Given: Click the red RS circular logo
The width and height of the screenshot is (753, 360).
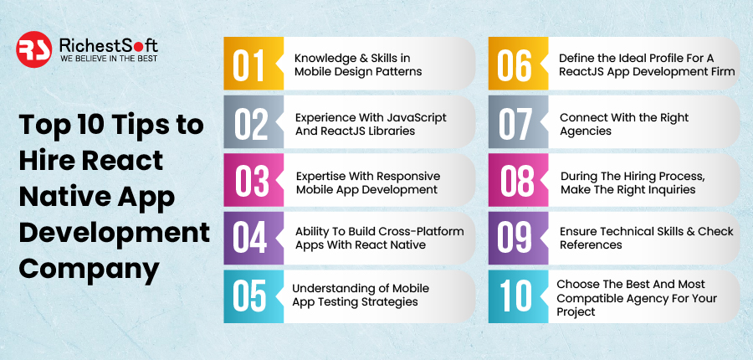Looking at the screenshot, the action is click(33, 49).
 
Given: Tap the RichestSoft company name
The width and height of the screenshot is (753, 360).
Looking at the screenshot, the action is click(109, 45).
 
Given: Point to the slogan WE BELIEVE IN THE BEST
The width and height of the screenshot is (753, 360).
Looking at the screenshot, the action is click(109, 59).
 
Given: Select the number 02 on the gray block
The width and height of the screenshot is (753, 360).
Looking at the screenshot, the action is click(251, 123).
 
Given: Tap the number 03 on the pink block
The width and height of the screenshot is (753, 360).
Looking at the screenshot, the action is click(252, 183).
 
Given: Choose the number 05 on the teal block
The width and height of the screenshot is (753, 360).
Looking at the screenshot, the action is click(249, 296).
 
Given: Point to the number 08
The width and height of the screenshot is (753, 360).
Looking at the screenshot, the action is click(517, 183).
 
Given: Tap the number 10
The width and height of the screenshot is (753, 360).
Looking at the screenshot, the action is click(515, 296).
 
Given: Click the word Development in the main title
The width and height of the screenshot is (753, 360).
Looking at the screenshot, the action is click(115, 232).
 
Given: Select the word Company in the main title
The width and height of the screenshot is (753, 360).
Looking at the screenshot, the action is click(90, 269).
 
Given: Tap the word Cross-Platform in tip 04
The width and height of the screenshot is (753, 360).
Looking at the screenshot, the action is click(424, 231).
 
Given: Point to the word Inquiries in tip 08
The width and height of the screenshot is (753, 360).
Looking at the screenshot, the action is click(670, 190).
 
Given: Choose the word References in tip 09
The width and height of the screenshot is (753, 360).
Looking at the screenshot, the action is click(591, 244).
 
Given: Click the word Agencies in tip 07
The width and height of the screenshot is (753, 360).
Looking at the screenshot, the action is click(586, 131).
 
